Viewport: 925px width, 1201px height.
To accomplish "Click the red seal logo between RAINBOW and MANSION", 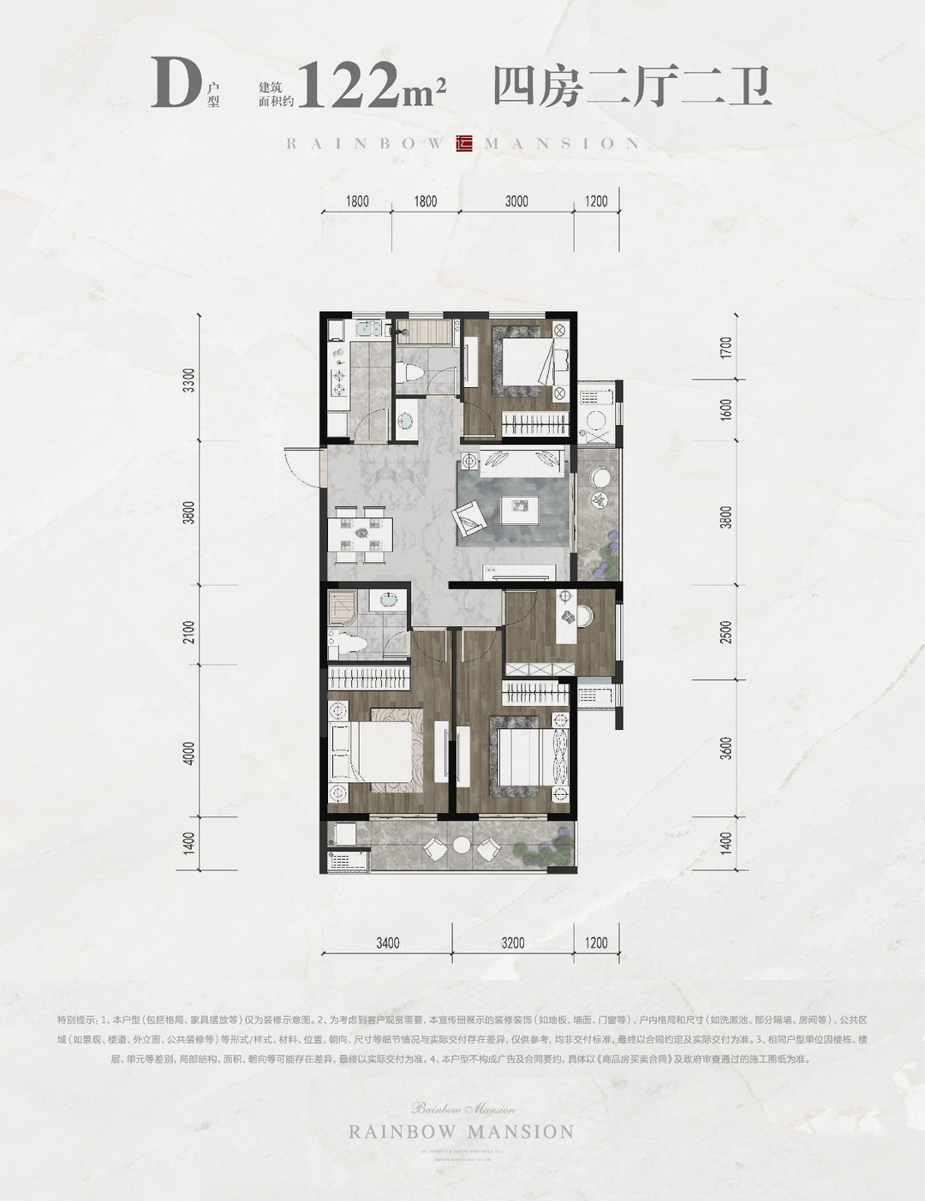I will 465,144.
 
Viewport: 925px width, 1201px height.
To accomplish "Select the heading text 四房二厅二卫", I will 632,87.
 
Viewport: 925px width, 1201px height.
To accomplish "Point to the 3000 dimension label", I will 516,201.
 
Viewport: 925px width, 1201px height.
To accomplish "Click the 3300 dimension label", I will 189,380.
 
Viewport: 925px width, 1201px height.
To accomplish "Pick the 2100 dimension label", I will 189,632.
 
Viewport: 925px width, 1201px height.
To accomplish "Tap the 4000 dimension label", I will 189,754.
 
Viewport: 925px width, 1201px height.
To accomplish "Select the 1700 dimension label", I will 726,347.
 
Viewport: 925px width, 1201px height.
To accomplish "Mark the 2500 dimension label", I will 726,632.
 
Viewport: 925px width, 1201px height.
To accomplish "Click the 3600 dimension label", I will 726,747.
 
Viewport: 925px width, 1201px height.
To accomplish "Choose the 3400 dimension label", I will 387,943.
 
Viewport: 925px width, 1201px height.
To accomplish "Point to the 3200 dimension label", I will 513,943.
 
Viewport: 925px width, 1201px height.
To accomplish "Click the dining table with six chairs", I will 361,535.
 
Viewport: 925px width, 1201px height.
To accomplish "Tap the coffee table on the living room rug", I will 518,505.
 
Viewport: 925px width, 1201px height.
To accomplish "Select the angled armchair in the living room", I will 469,516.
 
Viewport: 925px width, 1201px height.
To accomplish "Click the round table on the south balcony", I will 462,845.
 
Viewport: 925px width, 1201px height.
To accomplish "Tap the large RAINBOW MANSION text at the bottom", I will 462,1132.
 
